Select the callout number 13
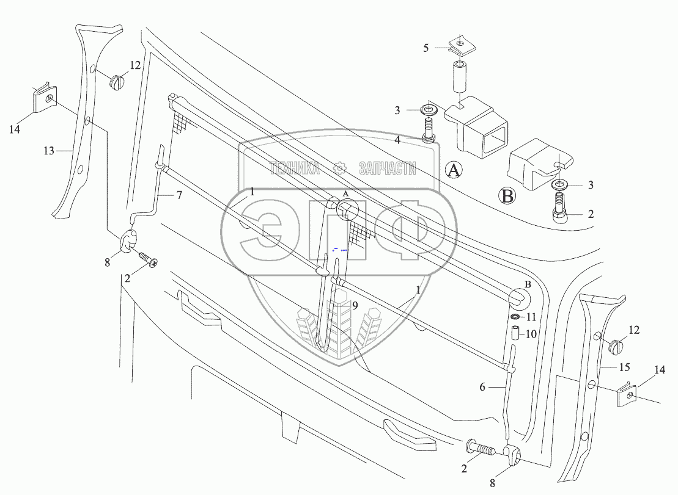coord(49,150)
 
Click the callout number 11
coord(531,317)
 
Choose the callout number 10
coord(531,334)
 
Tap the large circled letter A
coord(453,170)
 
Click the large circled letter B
coord(507,197)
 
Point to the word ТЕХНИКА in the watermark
coord(295,168)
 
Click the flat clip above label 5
coord(459,43)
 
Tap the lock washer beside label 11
coord(515,317)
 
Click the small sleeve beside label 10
coord(515,334)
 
